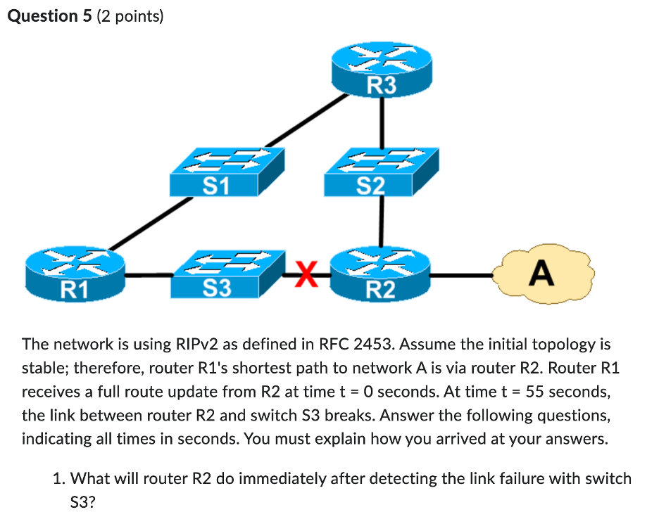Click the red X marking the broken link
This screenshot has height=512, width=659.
pyautogui.click(x=304, y=273)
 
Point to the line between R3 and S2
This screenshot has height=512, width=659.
pyautogui.click(x=382, y=123)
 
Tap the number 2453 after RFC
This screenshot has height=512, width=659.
pyautogui.click(x=377, y=345)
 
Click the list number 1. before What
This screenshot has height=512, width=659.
pyautogui.click(x=59, y=479)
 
